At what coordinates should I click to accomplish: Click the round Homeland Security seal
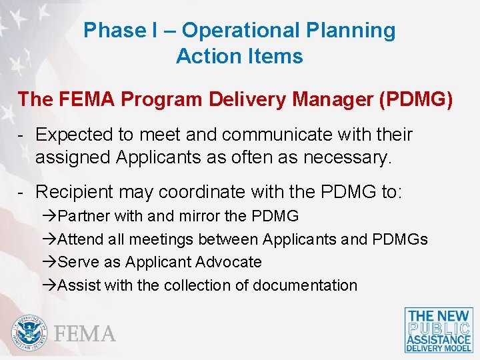[x=29, y=332]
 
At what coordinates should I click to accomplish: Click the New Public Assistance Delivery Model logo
[x=439, y=330]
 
